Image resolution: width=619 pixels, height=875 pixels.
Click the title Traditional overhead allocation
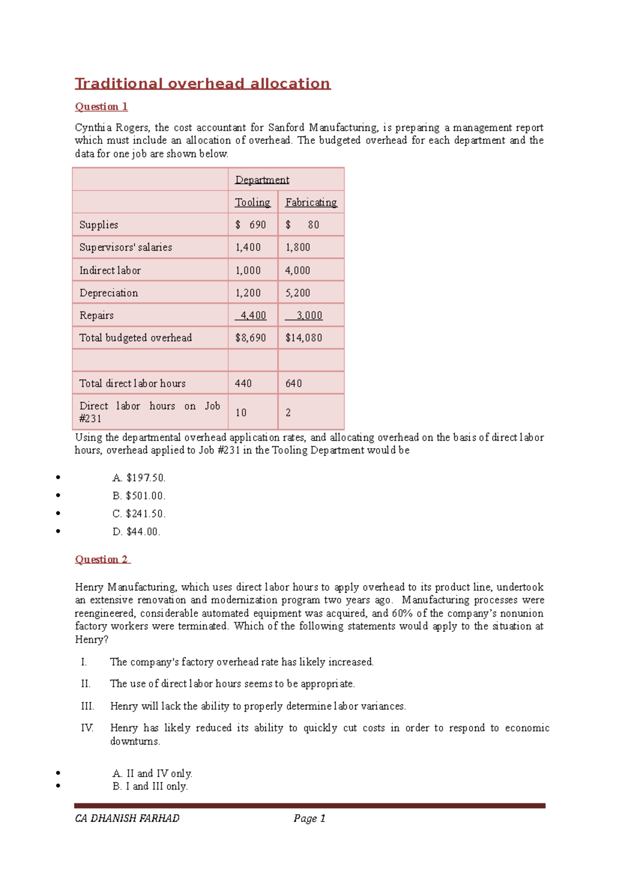tap(202, 83)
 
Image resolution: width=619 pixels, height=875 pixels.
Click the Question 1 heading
tap(101, 107)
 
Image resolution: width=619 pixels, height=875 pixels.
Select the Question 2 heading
tap(102, 560)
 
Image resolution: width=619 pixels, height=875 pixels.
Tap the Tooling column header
tap(252, 203)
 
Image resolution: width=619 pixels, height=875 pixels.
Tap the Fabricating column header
tap(311, 203)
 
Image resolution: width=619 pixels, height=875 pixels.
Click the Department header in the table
tap(262, 180)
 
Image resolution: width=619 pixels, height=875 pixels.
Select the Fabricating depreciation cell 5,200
tap(298, 293)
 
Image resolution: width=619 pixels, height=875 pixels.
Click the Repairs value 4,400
tap(252, 315)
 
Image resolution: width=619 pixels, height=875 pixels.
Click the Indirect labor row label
tap(110, 271)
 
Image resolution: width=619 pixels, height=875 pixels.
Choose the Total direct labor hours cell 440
tap(243, 383)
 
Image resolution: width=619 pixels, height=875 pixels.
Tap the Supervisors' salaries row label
tap(125, 247)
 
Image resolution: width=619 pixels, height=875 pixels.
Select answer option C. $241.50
tap(139, 514)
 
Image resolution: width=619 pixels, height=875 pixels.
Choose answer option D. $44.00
tap(136, 532)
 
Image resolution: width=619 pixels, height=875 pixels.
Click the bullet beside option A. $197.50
tap(58, 478)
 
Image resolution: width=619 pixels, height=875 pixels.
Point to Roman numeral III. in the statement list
tap(87, 706)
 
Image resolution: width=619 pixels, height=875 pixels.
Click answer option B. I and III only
tap(150, 786)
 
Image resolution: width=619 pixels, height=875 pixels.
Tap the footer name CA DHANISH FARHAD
tap(127, 818)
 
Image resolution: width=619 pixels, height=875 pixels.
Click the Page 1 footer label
tap(309, 818)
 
